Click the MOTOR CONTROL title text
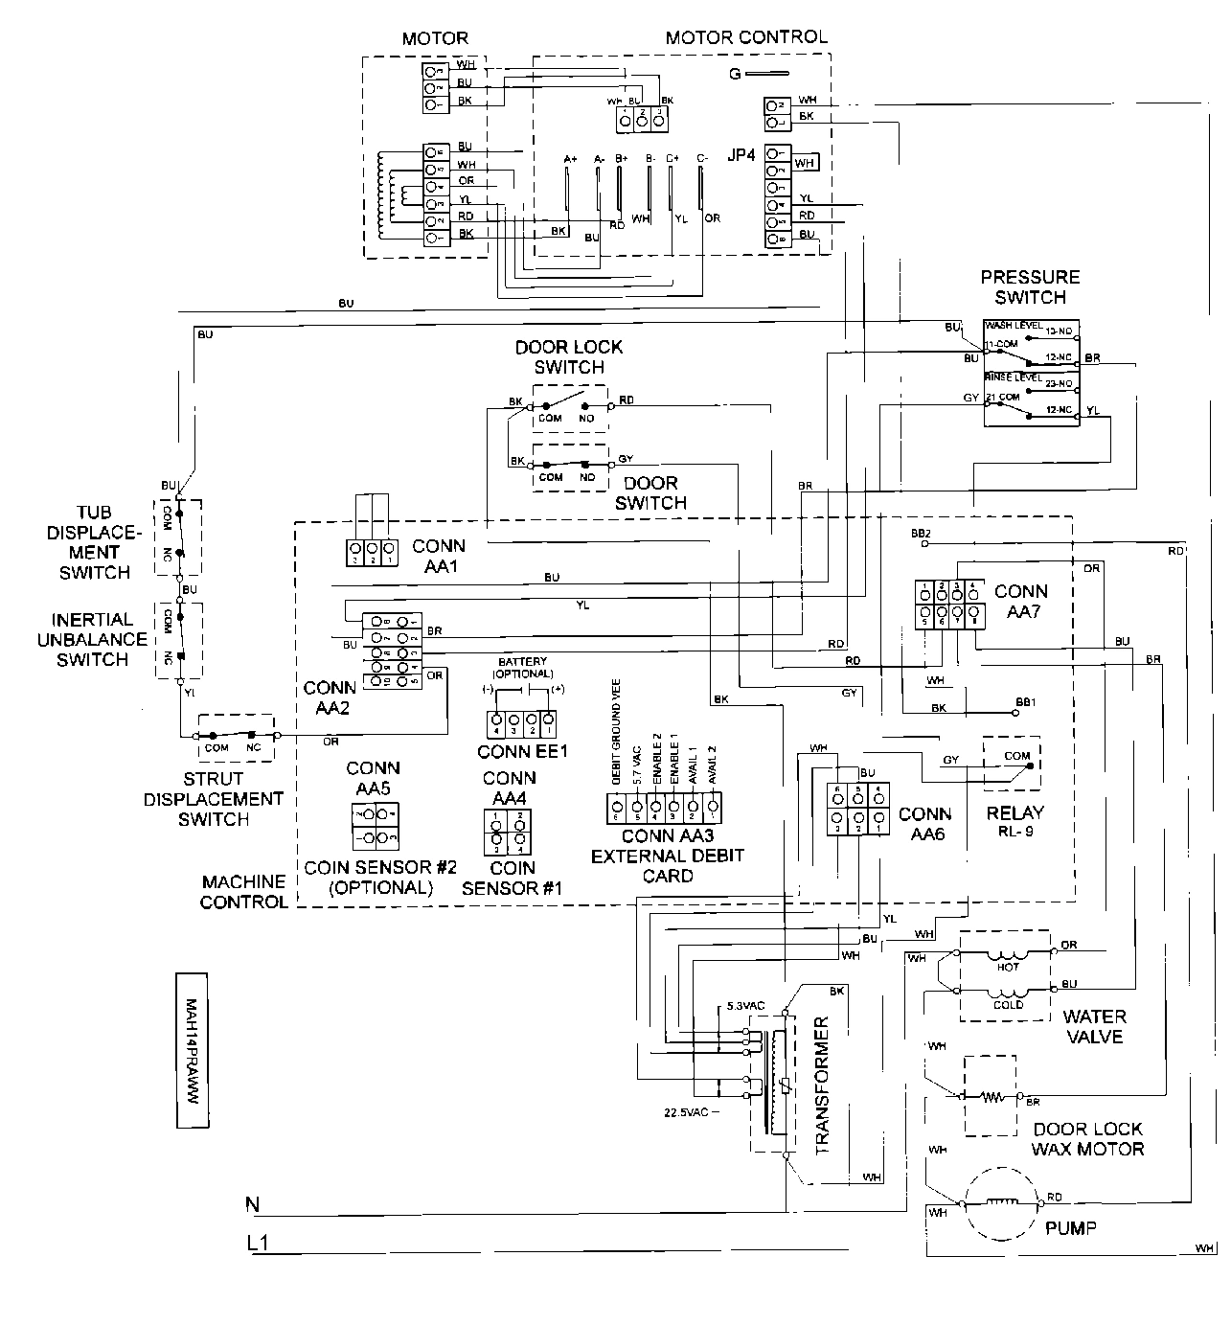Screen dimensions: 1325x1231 (x=745, y=37)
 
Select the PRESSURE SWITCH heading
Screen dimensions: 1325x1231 (x=1030, y=287)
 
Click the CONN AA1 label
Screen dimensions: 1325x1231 (x=439, y=556)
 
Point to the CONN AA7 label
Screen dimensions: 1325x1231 (x=1020, y=601)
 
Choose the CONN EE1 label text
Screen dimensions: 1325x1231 (x=522, y=751)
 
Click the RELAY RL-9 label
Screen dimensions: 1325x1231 (x=1014, y=821)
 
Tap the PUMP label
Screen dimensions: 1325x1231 (x=1070, y=1227)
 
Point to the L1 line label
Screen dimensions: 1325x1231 (x=257, y=1244)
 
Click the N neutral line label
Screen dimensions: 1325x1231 (x=253, y=1204)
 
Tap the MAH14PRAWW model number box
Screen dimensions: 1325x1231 (x=191, y=1051)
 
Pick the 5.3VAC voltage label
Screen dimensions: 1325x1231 (x=745, y=1007)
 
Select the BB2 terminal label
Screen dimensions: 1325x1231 (x=921, y=532)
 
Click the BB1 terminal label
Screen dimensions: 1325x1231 (x=1026, y=702)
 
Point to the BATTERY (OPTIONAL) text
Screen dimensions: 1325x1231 (x=522, y=667)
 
